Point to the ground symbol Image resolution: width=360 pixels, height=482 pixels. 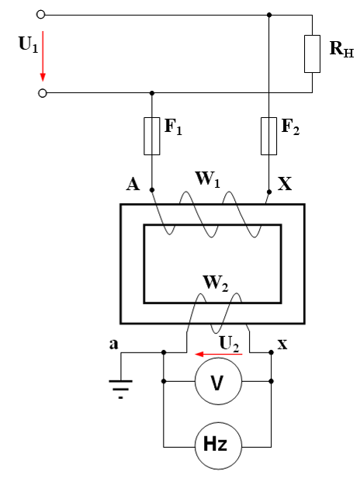pos(121,390)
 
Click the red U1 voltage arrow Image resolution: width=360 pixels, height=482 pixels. pos(43,56)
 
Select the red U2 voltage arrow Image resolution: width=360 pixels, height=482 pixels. pos(219,355)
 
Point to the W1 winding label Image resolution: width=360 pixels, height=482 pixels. pos(208,179)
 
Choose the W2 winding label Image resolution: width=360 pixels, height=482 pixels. pos(216,283)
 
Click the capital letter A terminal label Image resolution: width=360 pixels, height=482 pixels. pos(133,185)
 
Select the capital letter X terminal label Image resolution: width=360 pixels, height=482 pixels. pos(285,184)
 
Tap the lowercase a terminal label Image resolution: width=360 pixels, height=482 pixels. pos(113,344)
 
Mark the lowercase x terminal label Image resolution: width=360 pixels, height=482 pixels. pos(282,345)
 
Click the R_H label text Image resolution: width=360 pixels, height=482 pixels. pos(341,49)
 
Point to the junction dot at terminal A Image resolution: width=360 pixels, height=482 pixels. pos(152,190)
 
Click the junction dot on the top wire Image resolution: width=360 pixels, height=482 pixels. pos(269,15)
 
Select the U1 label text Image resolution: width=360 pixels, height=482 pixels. pos(28,44)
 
